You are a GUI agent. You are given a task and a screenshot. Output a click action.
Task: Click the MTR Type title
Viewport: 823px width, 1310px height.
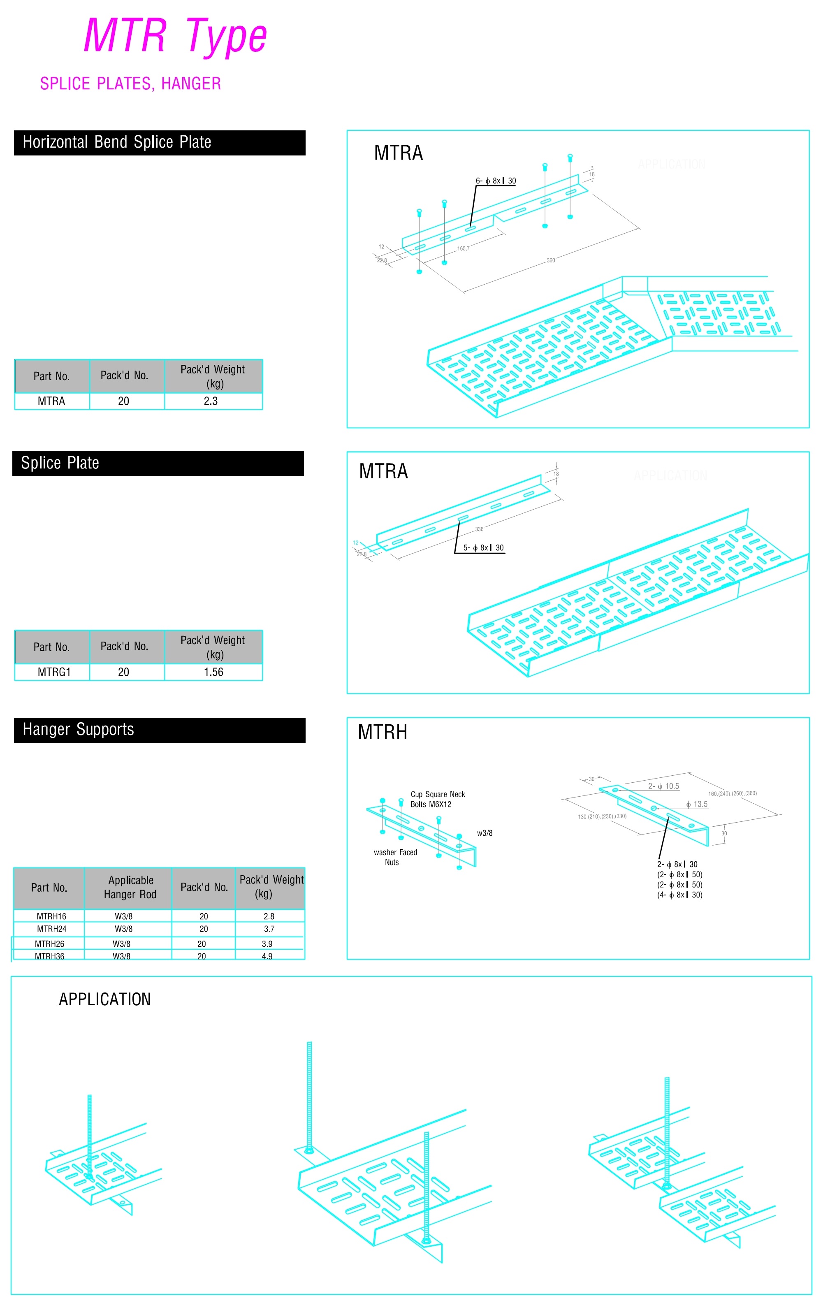coord(175,36)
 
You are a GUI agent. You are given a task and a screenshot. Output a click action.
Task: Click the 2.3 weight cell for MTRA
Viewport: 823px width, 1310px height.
coord(211,401)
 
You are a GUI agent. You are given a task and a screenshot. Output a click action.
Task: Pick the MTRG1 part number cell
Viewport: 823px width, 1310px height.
coord(54,672)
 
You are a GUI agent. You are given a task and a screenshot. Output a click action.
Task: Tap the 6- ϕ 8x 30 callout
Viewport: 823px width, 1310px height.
coord(496,181)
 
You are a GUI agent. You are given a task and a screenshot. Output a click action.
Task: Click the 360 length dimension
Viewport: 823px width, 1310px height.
coord(550,261)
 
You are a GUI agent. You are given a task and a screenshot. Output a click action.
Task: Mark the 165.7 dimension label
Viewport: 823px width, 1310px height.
coord(463,248)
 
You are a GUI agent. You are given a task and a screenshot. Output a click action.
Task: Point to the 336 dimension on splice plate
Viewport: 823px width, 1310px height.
coord(479,529)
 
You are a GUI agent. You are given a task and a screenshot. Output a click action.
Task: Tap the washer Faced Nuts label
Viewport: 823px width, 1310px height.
coord(395,858)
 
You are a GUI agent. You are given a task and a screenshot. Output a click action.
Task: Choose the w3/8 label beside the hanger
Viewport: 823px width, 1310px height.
coord(484,833)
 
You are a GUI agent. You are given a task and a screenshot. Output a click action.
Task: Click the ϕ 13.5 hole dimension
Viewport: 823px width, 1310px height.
coord(696,805)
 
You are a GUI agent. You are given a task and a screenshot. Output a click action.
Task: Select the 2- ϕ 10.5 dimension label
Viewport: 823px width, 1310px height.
coord(663,787)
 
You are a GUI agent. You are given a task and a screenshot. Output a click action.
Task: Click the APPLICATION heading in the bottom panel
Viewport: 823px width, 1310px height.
coord(104,1000)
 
